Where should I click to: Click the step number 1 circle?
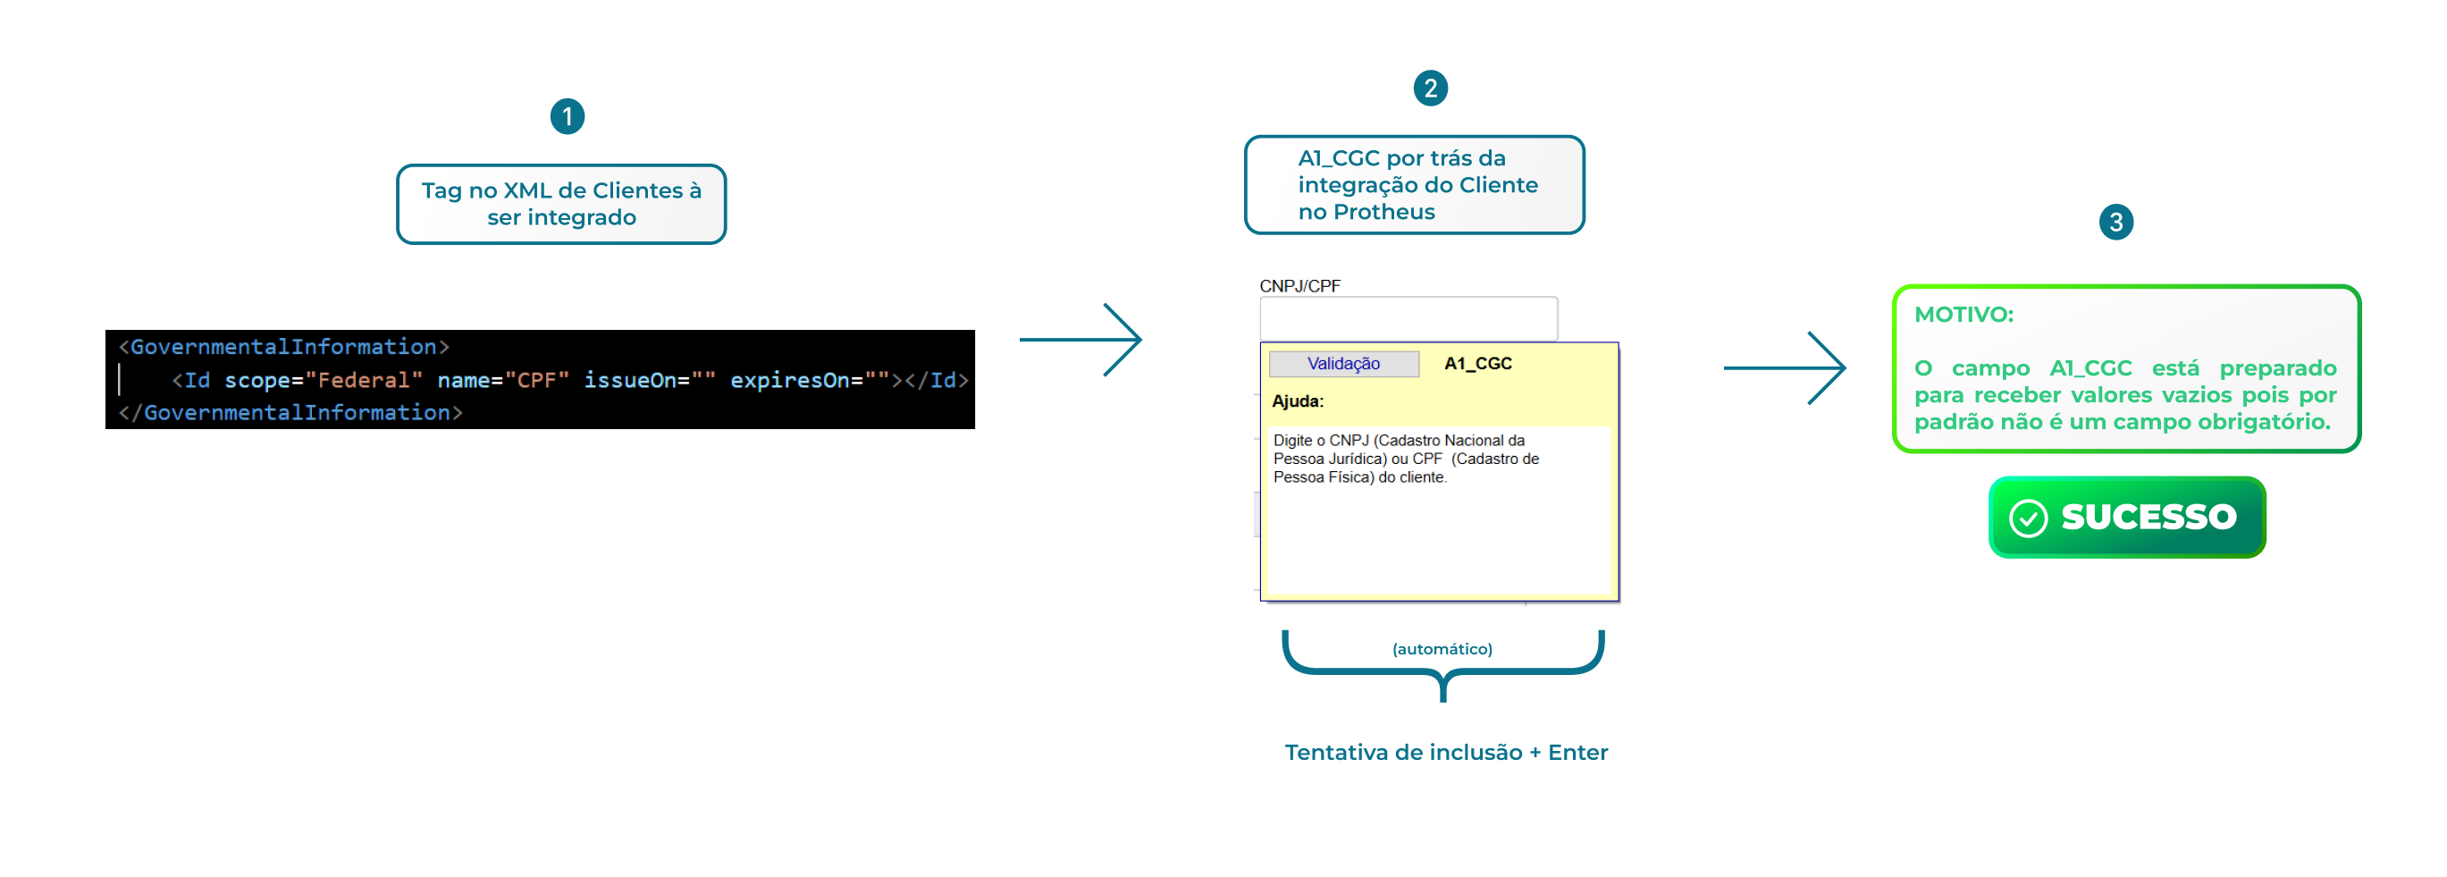(568, 117)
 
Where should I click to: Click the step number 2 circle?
(1430, 89)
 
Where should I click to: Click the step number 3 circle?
(2115, 223)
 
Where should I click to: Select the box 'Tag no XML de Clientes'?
(560, 205)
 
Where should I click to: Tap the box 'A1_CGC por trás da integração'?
(1414, 185)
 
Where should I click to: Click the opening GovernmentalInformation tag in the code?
(283, 347)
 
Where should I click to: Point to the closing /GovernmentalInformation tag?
(290, 412)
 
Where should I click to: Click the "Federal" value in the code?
(364, 380)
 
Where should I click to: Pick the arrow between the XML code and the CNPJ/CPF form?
(1081, 339)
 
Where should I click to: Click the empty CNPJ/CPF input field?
(1408, 317)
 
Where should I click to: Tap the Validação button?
(1343, 364)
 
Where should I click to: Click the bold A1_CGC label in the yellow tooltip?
(1477, 363)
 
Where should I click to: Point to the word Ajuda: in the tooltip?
(1297, 401)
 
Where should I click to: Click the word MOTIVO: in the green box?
(1963, 315)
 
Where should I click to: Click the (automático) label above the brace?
(1442, 649)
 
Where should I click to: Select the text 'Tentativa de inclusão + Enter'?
(1446, 753)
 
